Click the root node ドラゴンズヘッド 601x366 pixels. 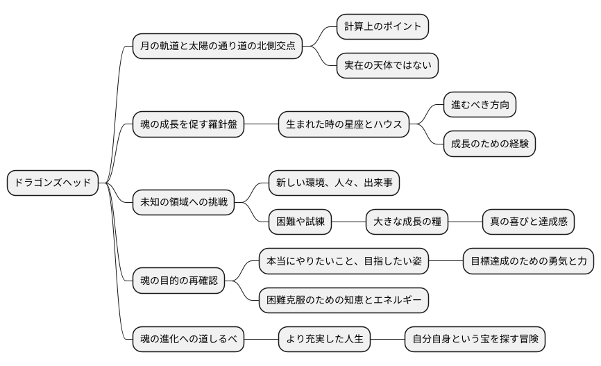tap(53, 183)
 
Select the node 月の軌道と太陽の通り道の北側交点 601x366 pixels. tap(218, 47)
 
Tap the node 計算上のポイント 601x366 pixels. tap(382, 26)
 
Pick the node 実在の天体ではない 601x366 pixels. tap(387, 66)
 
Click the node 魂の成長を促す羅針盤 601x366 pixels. tap(188, 125)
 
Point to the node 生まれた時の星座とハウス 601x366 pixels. tap(344, 125)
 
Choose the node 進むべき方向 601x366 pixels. tap(480, 105)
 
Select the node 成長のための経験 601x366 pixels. tap(489, 144)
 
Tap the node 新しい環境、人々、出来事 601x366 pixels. tap(334, 183)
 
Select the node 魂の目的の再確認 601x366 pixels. tap(178, 281)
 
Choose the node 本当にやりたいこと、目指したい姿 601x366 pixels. tap(344, 262)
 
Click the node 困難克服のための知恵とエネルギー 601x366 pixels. tap(344, 301)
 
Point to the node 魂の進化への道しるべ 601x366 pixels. tap(188, 340)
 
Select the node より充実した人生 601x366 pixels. tap(324, 340)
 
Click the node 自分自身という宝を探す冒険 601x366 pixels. tap(475, 340)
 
